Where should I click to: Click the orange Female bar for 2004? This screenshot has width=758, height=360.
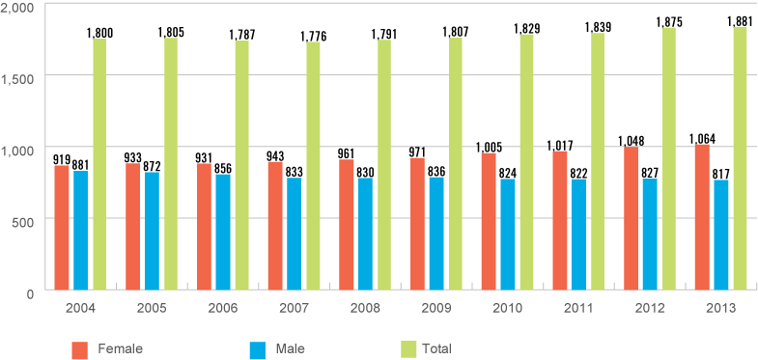[x=62, y=227]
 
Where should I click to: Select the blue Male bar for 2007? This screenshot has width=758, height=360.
[x=294, y=233]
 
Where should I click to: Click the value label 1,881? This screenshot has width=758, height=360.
[x=741, y=19]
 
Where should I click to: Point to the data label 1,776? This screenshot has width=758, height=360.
[x=313, y=36]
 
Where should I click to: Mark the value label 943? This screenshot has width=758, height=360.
[x=276, y=155]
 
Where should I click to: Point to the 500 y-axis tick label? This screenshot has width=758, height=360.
[x=24, y=219]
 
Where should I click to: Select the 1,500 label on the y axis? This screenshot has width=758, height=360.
[x=19, y=76]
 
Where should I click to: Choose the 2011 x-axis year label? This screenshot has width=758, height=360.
[x=577, y=308]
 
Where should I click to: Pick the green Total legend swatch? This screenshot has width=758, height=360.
[x=408, y=347]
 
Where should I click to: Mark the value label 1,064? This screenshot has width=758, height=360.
[x=703, y=138]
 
